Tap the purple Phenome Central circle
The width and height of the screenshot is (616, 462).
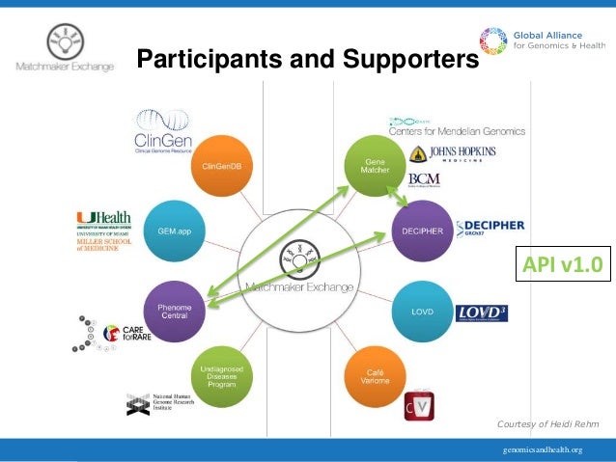(175, 309)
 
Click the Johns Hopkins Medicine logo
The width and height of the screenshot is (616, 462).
(454, 154)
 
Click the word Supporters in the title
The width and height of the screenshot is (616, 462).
(406, 61)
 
